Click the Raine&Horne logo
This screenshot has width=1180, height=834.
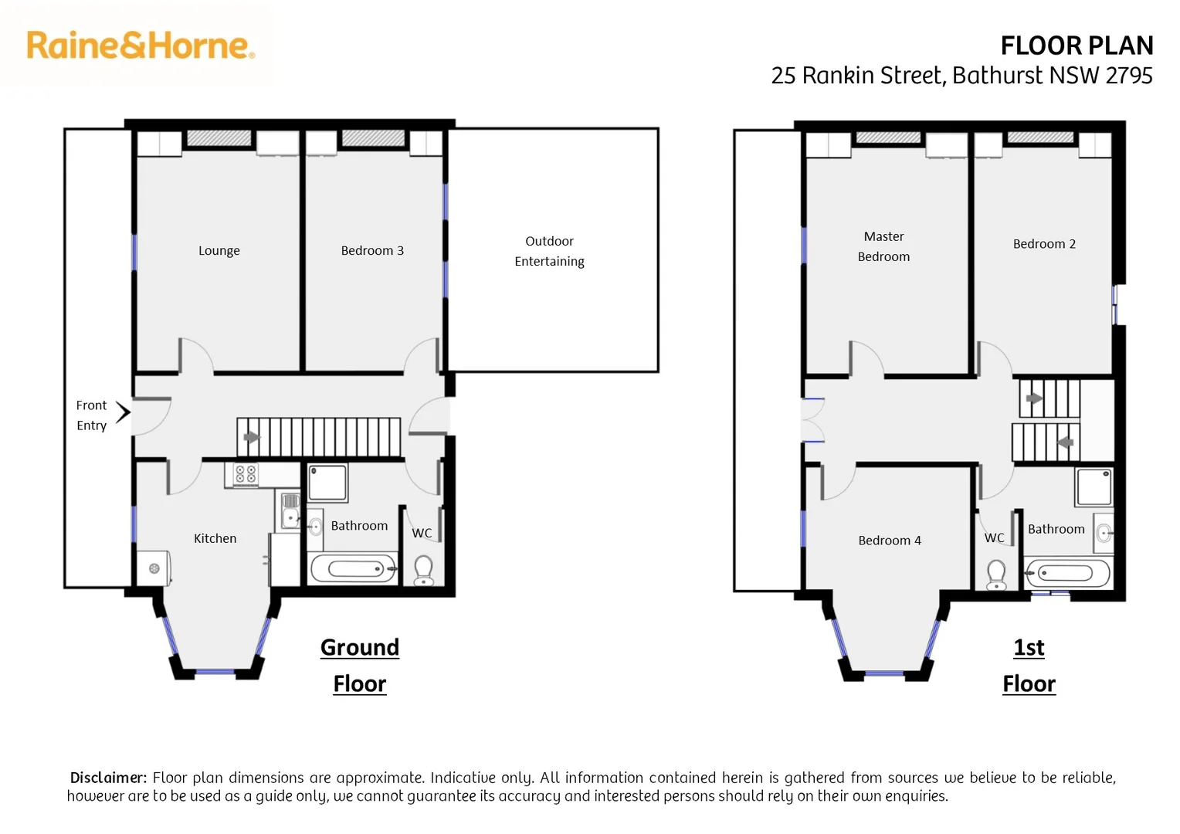pos(140,46)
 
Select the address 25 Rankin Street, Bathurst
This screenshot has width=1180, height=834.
pos(961,76)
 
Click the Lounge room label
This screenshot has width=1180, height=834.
pos(219,251)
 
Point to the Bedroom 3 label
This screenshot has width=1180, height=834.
pos(372,251)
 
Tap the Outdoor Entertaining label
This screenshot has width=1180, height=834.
pos(549,251)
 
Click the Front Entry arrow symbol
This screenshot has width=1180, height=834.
pos(123,412)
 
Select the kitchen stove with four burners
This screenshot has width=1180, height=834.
pos(246,474)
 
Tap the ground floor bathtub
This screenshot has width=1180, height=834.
pos(354,569)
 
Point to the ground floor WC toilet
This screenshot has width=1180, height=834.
pos(423,571)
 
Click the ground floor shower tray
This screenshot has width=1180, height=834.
pos(327,483)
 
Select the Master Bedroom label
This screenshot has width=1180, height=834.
pos(883,246)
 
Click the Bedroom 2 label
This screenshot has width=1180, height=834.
pos(1044,244)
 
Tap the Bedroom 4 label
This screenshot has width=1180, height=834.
pos(889,541)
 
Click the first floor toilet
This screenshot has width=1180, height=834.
pos(996,574)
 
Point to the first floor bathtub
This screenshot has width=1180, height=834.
pos(1067,573)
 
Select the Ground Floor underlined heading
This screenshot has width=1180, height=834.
pos(360,665)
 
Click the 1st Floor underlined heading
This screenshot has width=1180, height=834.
pos(1029,665)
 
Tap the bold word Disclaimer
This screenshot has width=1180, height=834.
pos(108,778)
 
